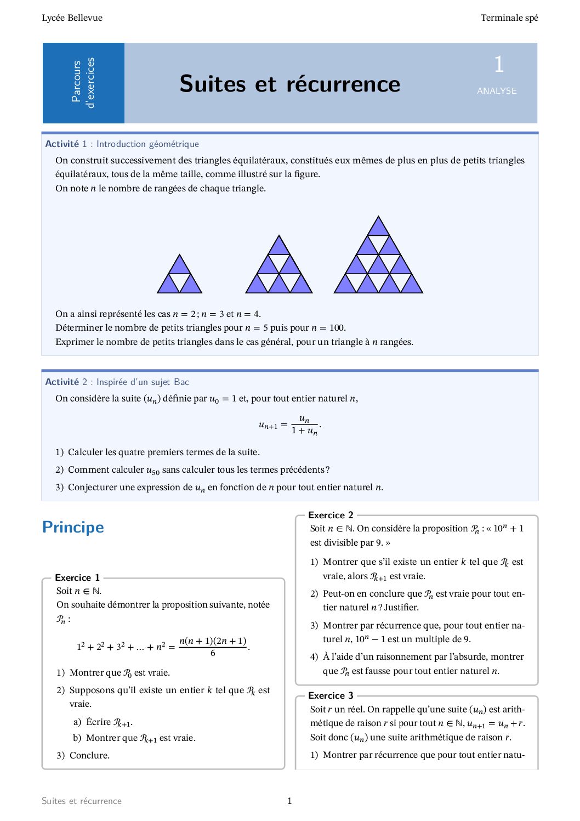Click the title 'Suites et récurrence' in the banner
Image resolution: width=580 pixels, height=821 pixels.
289,84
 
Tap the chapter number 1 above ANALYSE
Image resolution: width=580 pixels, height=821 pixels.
498,65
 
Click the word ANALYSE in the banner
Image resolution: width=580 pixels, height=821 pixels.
497,91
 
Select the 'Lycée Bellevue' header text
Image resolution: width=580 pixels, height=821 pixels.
72,18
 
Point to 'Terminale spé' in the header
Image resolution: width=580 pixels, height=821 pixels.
509,18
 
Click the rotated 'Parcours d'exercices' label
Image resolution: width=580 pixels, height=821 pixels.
83,83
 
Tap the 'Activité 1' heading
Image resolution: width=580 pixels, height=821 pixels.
62,144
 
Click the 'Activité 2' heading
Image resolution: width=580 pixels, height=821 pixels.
62,382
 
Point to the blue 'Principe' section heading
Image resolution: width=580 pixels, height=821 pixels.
73,528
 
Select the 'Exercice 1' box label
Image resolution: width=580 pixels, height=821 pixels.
77,577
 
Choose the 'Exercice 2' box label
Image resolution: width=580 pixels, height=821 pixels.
331,515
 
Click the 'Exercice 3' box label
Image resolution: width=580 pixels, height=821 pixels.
331,695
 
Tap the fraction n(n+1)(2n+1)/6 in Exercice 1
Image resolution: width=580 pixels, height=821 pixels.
213,647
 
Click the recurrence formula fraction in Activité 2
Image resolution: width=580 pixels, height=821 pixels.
304,425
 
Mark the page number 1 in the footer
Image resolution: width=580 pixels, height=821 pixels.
289,801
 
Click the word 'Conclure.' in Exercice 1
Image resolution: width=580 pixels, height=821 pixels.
89,756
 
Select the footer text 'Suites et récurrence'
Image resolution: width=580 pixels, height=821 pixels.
82,801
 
